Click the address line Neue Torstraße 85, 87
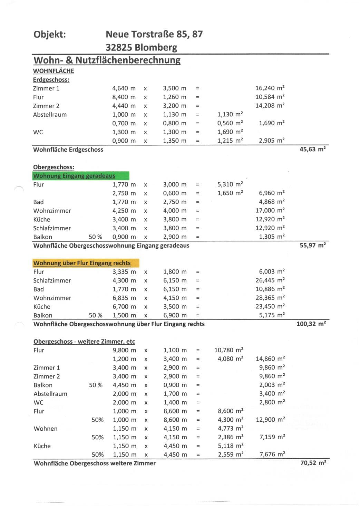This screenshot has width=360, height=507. point(154,34)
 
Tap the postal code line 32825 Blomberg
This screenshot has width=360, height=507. point(141,47)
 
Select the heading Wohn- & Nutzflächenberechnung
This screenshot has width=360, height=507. point(107,60)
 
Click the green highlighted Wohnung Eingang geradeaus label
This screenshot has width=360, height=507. point(74,176)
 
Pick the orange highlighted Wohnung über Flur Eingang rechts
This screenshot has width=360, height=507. point(82,263)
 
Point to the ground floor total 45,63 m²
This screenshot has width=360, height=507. point(312,149)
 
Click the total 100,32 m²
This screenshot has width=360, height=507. point(311,324)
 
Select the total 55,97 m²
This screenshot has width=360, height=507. point(312,245)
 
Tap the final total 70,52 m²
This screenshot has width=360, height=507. point(313,463)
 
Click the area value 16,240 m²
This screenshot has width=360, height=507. point(270,88)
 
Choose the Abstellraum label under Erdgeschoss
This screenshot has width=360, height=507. point(50,114)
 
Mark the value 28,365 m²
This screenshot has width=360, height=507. point(270,298)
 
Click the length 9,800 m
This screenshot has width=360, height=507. point(124,350)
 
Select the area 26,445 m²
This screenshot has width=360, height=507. point(270,280)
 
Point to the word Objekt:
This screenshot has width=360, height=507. point(50,34)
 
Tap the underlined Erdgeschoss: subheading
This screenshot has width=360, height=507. point(51,80)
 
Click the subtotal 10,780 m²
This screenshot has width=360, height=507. point(228,350)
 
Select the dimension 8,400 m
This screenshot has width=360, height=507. point(124,97)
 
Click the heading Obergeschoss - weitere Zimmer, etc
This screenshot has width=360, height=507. point(84,342)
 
